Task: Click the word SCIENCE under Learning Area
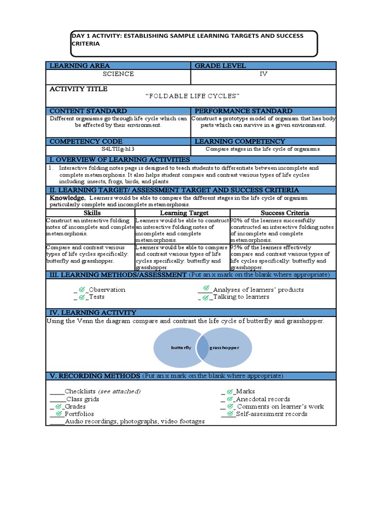[118, 74]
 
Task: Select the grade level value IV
[263, 74]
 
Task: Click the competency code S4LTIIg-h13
[118, 148]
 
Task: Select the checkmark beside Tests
[82, 297]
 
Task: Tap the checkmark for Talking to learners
[205, 297]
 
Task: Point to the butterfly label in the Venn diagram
[181, 348]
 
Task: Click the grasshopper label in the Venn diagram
[224, 348]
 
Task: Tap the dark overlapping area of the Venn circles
[202, 348]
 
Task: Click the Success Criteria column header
[285, 213]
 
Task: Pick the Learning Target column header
[184, 213]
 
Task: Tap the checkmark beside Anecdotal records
[229, 399]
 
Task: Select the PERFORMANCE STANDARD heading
[243, 111]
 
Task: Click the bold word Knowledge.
[64, 197]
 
